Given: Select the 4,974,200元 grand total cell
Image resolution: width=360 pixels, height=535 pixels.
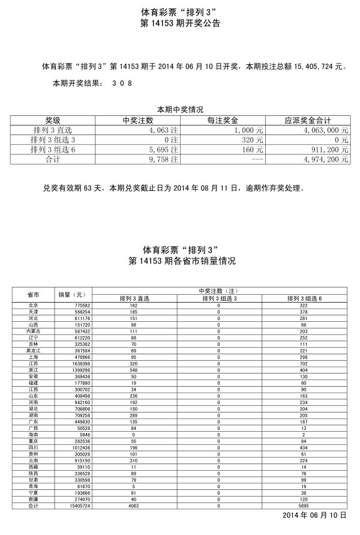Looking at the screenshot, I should point(325,159).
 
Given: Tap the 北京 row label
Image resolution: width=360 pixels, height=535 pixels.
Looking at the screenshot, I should point(34,306).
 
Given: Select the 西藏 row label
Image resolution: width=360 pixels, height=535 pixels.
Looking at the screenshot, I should point(34,466).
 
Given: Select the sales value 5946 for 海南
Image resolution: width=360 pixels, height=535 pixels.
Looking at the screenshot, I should point(83,434).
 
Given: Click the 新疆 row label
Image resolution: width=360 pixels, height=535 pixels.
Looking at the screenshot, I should point(34,500).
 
